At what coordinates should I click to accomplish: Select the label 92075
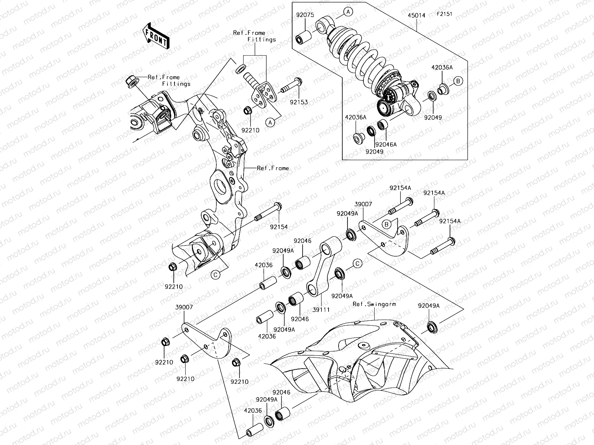[x=305, y=15]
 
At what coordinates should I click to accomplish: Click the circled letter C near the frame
[x=215, y=275]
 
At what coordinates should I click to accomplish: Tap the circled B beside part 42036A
[x=458, y=81]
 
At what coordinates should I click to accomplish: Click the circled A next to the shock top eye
[x=348, y=12]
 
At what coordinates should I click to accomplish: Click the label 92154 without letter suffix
[x=279, y=226]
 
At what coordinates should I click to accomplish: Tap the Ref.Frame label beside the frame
[x=272, y=168]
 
